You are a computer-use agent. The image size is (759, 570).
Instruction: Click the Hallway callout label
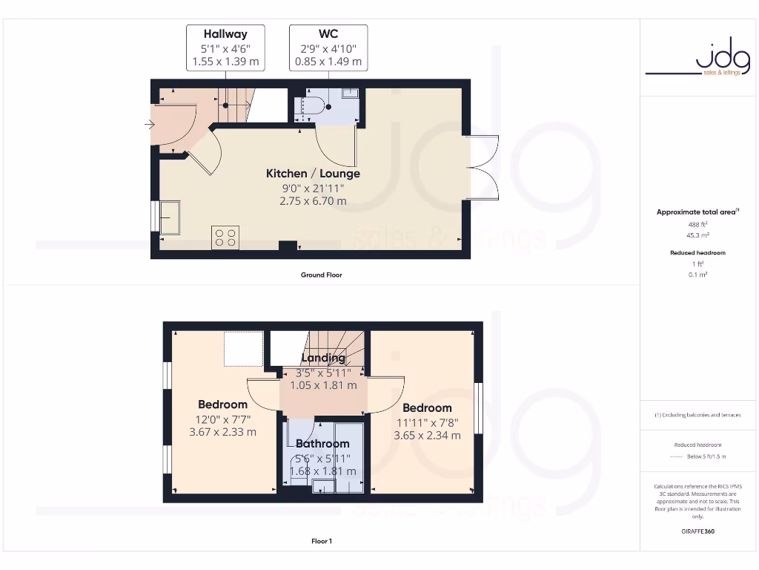[x=225, y=33]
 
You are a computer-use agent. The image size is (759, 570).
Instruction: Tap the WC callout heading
[x=328, y=33]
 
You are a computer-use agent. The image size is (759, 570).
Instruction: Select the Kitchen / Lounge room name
[x=313, y=173]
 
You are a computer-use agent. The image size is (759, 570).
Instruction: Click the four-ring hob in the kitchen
[x=225, y=237]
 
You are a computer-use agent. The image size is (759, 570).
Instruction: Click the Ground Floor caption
[x=321, y=275]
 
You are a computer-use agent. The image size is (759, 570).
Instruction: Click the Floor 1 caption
[x=321, y=541]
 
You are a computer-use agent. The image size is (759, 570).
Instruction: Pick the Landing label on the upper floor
[x=323, y=358]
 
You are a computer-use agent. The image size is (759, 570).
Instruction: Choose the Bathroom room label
[x=322, y=444]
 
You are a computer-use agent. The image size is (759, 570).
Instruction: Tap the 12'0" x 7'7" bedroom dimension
[x=222, y=419]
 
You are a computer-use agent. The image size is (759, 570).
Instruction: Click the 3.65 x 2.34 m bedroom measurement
[x=427, y=435]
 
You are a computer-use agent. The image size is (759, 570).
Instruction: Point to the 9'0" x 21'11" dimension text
[x=313, y=188]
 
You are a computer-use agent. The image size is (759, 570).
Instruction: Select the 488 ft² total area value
[x=697, y=223]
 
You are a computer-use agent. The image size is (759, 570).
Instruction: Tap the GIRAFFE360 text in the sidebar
[x=697, y=531]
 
